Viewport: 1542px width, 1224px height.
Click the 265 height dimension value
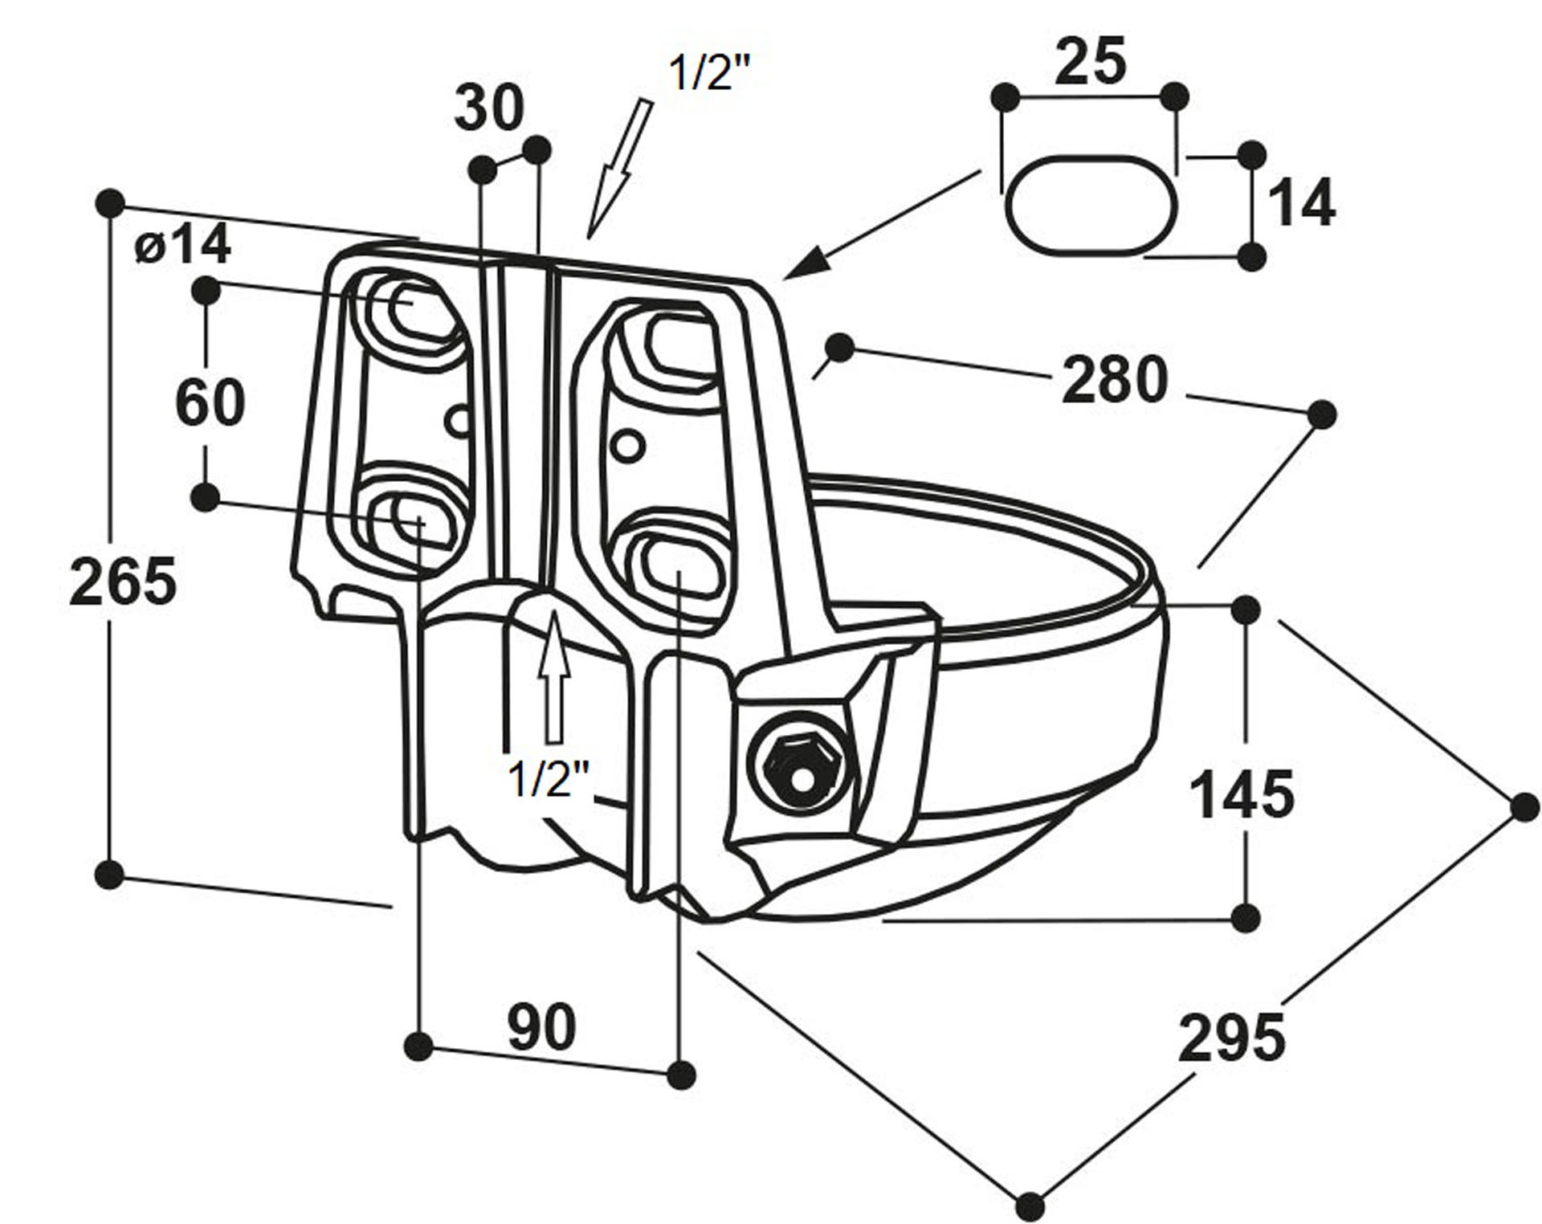pyautogui.click(x=123, y=581)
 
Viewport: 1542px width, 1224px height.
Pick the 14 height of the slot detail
pyautogui.click(x=1301, y=203)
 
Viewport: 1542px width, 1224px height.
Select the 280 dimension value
pyautogui.click(x=1115, y=380)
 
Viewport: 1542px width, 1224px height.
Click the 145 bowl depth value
pyautogui.click(x=1241, y=794)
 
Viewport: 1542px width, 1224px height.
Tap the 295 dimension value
pyautogui.click(x=1231, y=1038)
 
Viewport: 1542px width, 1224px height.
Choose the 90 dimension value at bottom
pyautogui.click(x=542, y=1026)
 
